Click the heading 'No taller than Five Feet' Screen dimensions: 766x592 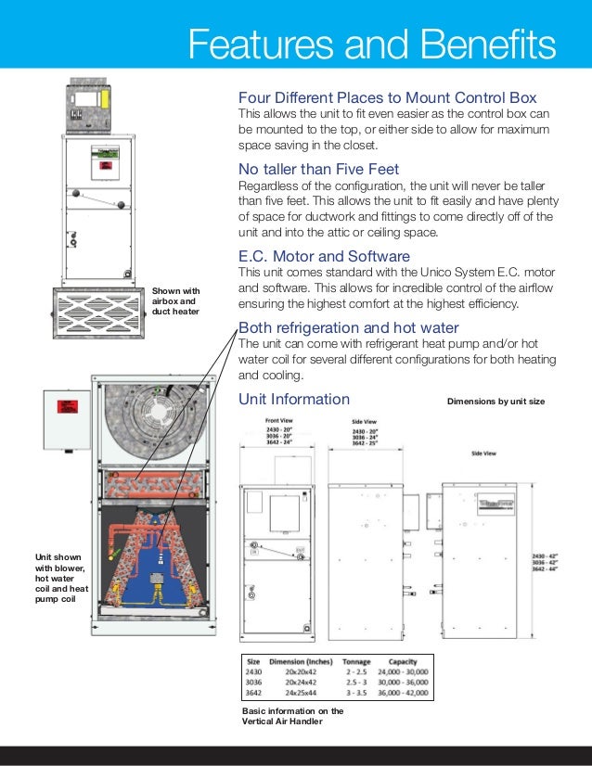(x=319, y=169)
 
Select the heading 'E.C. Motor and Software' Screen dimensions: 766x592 (x=324, y=256)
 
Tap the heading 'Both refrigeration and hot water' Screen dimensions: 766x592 (x=348, y=328)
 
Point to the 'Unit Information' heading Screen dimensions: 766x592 (x=294, y=400)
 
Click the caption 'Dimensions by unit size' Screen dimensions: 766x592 (x=495, y=402)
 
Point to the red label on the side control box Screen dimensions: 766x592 (x=68, y=409)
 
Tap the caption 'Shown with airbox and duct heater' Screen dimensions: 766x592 (x=175, y=302)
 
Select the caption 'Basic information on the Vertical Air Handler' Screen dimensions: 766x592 (x=292, y=716)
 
